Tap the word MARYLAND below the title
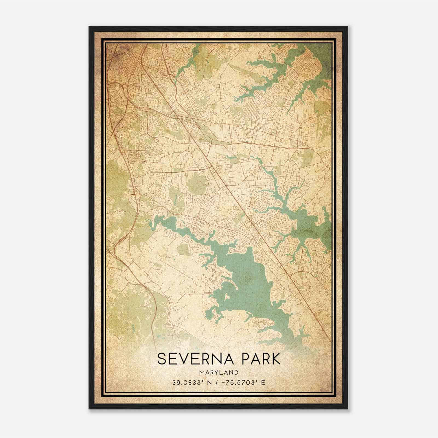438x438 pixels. [218, 372]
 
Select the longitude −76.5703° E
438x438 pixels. [242, 383]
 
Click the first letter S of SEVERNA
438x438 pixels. [162, 359]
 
